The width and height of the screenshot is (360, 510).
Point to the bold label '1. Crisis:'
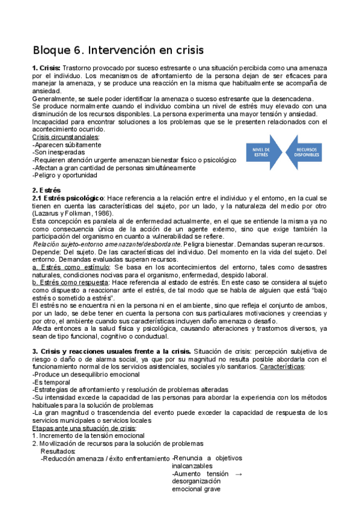(46, 69)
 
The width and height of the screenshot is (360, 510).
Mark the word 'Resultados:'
(58, 450)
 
